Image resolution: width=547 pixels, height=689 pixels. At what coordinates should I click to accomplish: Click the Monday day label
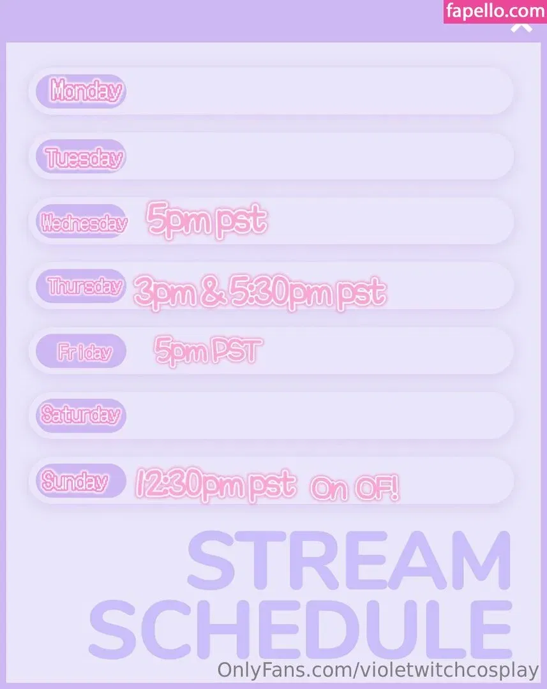click(86, 91)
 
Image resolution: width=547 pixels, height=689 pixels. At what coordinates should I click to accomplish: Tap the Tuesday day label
click(84, 157)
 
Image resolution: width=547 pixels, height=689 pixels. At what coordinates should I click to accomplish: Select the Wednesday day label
click(84, 223)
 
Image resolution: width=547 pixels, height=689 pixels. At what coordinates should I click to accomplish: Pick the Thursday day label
click(84, 286)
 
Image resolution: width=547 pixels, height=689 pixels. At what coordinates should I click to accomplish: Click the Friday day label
click(84, 352)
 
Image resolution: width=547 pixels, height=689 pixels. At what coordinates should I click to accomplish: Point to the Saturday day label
click(81, 415)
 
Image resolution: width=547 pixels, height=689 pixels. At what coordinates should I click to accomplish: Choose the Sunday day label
click(74, 481)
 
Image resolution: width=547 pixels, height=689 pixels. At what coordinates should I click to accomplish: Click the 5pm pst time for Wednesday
click(206, 219)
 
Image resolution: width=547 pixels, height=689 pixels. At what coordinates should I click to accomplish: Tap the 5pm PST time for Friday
click(208, 350)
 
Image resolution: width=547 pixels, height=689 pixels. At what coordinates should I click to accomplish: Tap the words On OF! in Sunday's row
click(354, 489)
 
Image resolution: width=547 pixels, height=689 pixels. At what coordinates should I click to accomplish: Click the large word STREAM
click(349, 561)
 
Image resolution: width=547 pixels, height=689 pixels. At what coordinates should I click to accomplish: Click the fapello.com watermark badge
click(495, 11)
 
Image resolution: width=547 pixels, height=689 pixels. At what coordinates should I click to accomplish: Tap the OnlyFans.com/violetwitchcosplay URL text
click(378, 670)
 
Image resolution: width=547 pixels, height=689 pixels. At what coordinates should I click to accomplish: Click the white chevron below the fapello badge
click(521, 27)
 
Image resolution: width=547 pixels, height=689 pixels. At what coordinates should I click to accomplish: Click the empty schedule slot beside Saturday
click(319, 415)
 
